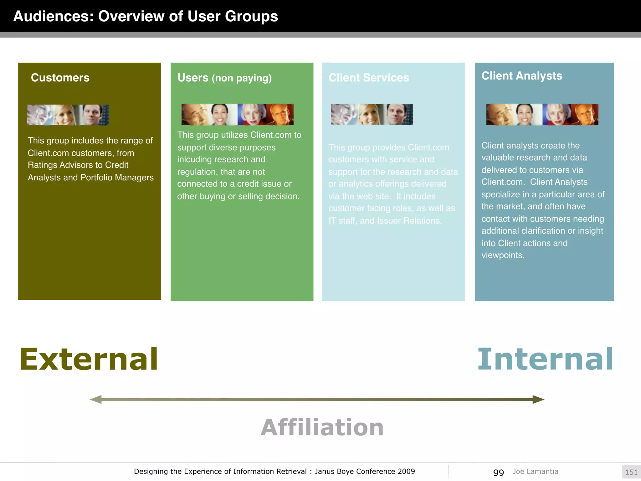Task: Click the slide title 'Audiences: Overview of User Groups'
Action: coord(146,16)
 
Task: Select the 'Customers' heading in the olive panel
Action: coord(60,78)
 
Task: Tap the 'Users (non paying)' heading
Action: coord(224,78)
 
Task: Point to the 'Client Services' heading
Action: coord(369,78)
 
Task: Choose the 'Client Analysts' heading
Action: coord(522,76)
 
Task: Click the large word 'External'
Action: coord(89,359)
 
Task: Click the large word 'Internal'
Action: coord(545,359)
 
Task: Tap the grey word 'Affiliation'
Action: coord(322,427)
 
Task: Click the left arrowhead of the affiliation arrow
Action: coord(96,399)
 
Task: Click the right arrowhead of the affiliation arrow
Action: coord(538,399)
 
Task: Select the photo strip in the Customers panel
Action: coord(68,115)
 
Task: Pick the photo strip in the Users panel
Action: coord(238,115)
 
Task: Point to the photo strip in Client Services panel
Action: coord(372,114)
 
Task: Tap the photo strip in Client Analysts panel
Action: coord(542,115)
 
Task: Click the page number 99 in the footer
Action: coord(498,472)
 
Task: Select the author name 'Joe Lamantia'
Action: coord(535,471)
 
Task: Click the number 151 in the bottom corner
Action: coord(631,472)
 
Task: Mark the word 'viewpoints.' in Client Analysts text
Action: coord(503,255)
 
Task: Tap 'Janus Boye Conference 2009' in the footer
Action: coord(365,471)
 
